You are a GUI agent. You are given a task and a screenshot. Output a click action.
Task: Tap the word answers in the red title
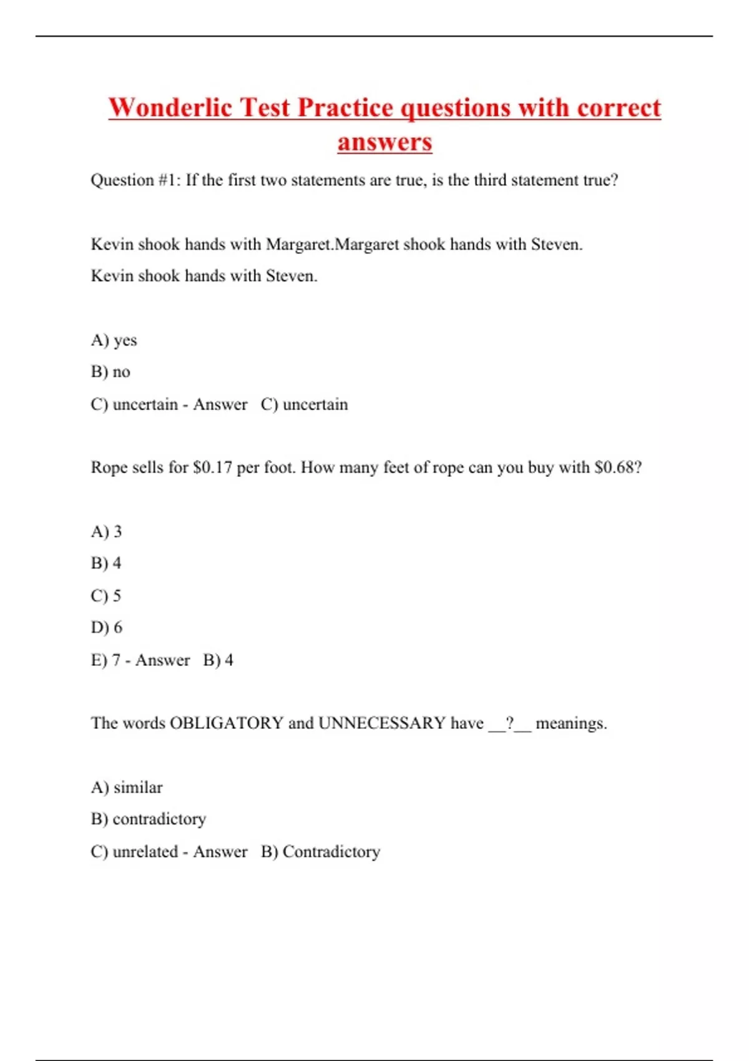pos(384,142)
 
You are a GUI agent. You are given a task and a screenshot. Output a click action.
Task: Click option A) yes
pos(114,340)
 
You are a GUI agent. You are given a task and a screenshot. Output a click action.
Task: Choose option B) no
pos(110,372)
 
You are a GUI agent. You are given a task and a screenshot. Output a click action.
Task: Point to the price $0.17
pos(212,467)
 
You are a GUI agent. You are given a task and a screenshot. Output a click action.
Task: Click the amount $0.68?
pos(618,467)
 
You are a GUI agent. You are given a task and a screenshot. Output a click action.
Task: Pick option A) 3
pos(106,532)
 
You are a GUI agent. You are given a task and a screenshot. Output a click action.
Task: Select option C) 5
pos(106,595)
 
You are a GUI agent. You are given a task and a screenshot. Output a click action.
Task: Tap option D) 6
pos(106,627)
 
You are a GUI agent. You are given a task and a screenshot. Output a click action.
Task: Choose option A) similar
pos(127,788)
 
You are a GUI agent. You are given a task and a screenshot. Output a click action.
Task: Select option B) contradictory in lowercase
pos(149,819)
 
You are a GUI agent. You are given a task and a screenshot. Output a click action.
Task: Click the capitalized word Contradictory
pos(331,852)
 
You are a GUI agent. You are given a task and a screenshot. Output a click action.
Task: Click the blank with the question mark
pos(509,723)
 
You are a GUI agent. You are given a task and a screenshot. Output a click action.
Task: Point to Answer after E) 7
pos(162,660)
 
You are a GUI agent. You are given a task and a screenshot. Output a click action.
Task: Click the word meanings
pos(571,723)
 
